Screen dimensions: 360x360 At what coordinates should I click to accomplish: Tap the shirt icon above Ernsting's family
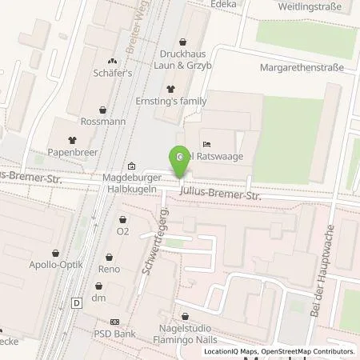tap(170, 88)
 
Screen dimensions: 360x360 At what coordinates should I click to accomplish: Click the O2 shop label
tap(122, 231)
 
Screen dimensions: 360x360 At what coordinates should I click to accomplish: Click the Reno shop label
tap(109, 269)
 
